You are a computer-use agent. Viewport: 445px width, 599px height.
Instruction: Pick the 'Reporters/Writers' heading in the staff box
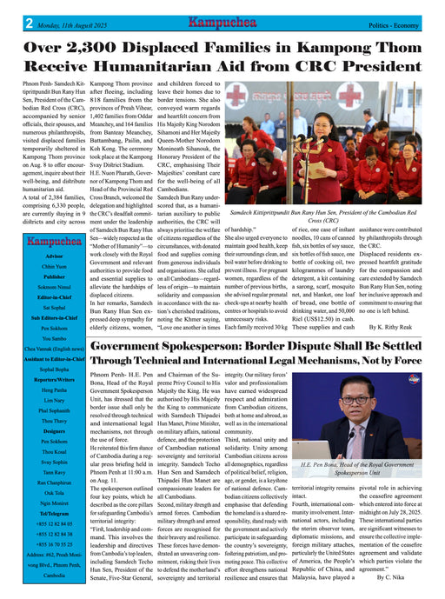point(55,380)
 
